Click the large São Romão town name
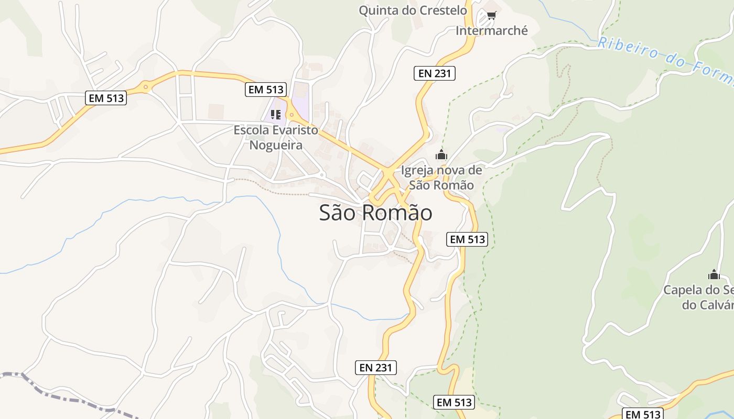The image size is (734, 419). (x=375, y=213)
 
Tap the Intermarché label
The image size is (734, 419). (x=491, y=31)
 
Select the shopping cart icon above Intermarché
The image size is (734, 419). (x=491, y=16)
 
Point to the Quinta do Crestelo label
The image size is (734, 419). (x=413, y=10)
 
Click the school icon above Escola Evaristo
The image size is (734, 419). (x=276, y=114)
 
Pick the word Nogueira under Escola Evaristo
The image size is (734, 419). (x=276, y=145)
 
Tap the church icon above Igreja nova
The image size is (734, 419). (x=441, y=155)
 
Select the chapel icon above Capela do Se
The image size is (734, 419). (x=714, y=274)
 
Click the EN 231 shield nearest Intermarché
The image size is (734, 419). (x=434, y=73)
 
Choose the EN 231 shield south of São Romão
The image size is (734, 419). (x=375, y=368)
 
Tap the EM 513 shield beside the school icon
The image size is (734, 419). (x=266, y=90)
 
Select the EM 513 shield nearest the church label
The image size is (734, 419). (x=467, y=239)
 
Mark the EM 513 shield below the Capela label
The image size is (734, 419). (x=643, y=414)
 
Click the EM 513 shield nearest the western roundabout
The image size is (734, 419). (x=106, y=98)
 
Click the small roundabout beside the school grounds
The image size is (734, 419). (x=292, y=115)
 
